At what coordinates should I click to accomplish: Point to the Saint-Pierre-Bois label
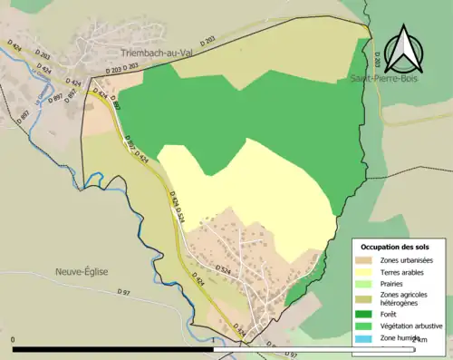383,79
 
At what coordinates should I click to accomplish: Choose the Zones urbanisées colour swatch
365,262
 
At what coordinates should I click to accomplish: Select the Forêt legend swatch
365,315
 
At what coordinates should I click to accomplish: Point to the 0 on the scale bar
14,339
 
